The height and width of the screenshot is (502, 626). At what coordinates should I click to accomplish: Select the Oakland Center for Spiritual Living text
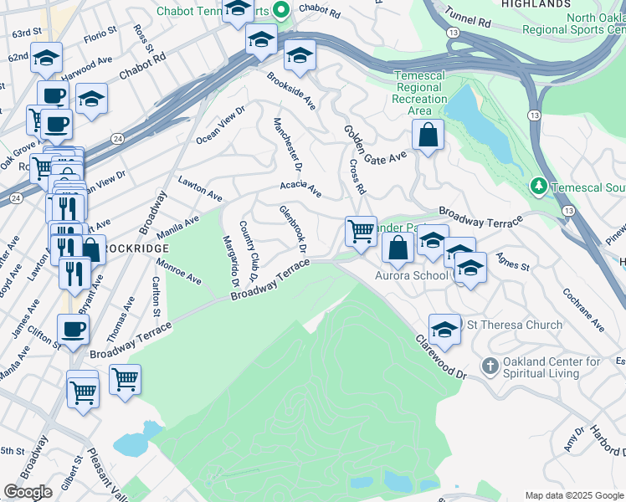(x=551, y=367)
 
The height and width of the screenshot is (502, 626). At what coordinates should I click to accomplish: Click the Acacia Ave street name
(x=300, y=188)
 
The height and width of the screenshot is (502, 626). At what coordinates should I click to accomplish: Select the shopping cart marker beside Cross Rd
(x=361, y=229)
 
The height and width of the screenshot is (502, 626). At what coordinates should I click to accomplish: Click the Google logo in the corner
(x=28, y=492)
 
